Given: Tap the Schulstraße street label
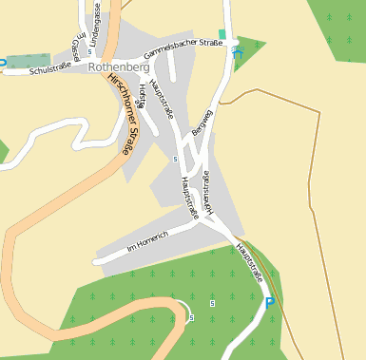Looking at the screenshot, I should (50, 70).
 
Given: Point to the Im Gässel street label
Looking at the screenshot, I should (76, 43).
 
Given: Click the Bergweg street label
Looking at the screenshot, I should (199, 122).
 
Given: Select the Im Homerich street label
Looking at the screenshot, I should (147, 241).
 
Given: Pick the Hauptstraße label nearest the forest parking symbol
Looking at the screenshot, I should (249, 260).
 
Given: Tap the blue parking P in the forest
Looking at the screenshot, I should (269, 303).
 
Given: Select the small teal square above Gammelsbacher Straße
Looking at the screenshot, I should (222, 34).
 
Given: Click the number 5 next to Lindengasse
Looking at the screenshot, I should (89, 51).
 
